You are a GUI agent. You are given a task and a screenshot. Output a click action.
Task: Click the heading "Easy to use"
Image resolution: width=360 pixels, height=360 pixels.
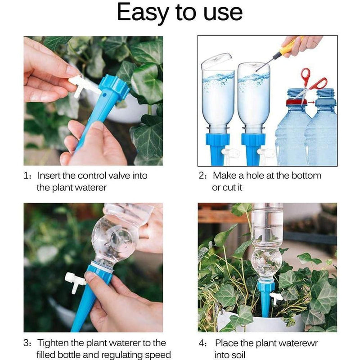180,13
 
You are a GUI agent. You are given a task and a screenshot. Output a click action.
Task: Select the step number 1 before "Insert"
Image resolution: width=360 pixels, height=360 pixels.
26,175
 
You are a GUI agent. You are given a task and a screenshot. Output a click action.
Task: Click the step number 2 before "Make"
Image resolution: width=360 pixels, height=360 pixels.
202,175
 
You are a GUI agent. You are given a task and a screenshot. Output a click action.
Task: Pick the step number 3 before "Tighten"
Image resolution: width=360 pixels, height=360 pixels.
26,343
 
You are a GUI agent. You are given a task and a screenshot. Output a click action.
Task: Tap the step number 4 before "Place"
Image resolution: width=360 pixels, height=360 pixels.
202,343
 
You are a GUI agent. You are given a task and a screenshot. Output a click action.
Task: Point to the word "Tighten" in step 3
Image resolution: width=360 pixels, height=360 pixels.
55,343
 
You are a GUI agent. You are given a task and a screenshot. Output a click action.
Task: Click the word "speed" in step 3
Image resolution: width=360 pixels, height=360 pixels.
158,355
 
